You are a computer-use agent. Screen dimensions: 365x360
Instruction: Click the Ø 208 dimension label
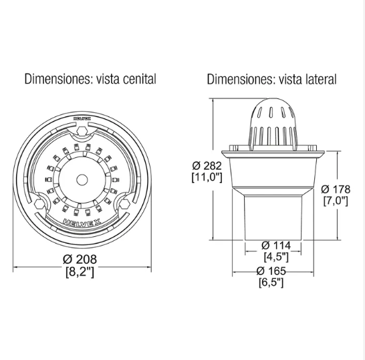point(80,259)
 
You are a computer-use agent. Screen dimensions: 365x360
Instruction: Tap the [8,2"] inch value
point(80,272)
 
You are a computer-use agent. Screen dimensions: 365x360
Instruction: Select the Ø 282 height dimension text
point(207,166)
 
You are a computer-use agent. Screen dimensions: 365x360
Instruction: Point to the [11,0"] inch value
point(207,177)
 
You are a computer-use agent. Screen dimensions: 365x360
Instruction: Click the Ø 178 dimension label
point(336,189)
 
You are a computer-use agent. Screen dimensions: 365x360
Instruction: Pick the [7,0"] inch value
point(336,201)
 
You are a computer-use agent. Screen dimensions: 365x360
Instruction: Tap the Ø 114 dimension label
point(276,245)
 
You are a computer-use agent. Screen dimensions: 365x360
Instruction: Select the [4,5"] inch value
point(276,257)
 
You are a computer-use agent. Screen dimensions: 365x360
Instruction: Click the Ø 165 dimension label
point(271,271)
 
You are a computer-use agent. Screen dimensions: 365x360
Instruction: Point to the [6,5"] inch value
point(271,282)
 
